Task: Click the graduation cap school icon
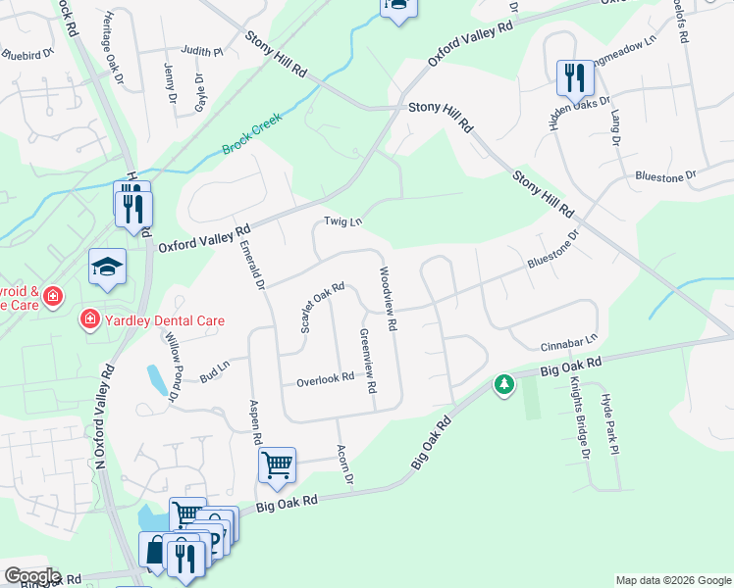coord(107,268)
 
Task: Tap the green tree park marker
coord(504,384)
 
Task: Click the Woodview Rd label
coord(386,298)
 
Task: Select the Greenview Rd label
coord(367,361)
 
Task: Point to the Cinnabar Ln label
coord(568,343)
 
